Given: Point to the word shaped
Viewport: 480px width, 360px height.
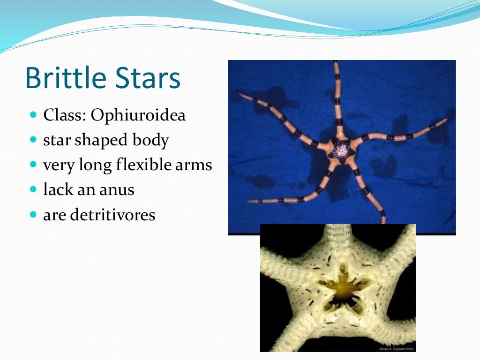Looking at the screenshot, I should (101, 141).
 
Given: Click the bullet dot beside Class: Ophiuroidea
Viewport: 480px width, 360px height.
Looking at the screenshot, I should (33, 115).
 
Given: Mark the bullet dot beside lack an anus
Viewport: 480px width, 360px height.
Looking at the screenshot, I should (33, 190).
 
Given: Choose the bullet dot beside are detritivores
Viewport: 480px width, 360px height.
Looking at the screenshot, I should (33, 215).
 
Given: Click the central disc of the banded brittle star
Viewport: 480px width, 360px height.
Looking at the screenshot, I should (341, 150).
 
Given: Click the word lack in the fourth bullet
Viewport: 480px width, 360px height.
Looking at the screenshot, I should (55, 190).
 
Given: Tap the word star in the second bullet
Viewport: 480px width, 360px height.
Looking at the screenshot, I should (57, 141).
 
